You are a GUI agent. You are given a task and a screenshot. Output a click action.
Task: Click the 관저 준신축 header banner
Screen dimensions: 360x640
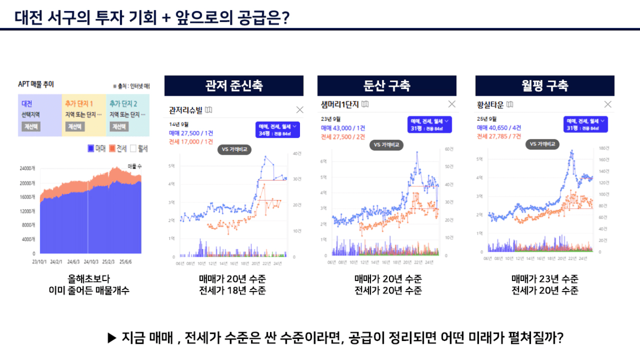(x=234, y=86)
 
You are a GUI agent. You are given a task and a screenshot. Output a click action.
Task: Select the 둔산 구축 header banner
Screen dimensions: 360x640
(x=387, y=86)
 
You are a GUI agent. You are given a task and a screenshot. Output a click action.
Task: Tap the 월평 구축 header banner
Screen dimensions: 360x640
(x=545, y=86)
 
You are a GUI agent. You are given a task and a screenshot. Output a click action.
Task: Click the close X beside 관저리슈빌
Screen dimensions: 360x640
(x=300, y=110)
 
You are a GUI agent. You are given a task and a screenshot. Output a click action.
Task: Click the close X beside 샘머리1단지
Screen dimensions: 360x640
(x=452, y=104)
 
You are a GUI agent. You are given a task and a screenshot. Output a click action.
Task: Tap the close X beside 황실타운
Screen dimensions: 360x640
(x=608, y=104)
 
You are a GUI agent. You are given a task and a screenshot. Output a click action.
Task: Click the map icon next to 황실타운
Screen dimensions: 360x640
(x=510, y=104)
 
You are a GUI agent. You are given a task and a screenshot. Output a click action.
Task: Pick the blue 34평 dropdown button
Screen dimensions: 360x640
(x=277, y=129)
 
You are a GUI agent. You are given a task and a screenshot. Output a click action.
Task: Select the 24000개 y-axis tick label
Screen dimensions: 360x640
(x=27, y=169)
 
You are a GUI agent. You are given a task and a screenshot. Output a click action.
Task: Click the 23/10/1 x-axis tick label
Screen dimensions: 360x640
(x=39, y=261)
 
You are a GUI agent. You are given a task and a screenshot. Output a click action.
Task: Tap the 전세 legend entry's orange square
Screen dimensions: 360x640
(x=112, y=149)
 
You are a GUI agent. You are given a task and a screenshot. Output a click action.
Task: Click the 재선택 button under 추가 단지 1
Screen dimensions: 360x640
(x=75, y=127)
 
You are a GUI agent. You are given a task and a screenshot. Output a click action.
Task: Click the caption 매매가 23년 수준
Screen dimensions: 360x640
(x=545, y=279)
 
